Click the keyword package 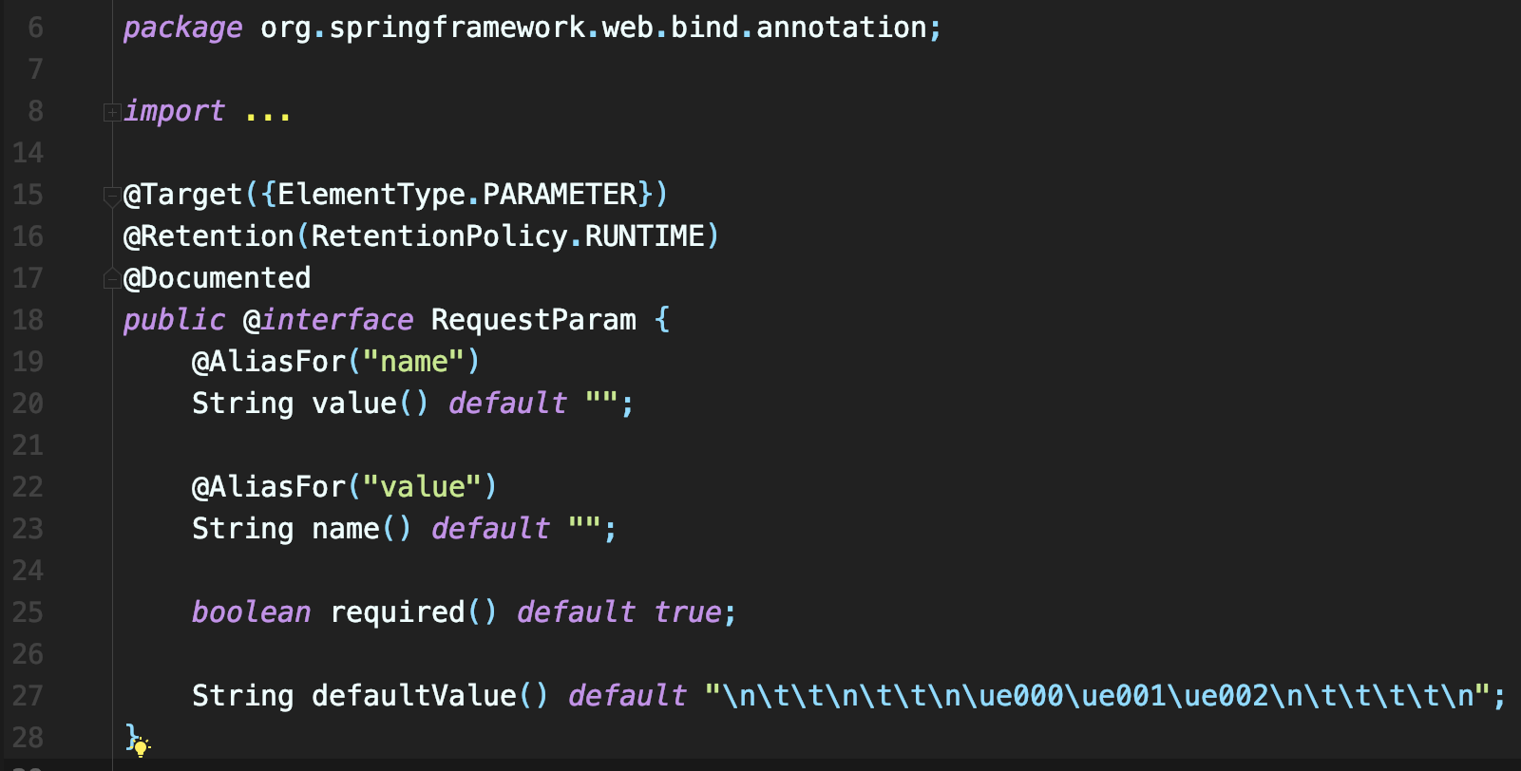pos(182,28)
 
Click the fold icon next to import pos(111,112)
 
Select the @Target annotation pos(183,195)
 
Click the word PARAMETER pos(560,195)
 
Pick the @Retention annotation pos(209,236)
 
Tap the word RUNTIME pos(645,236)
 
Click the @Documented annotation pos(218,278)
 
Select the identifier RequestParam pos(533,320)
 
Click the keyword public pos(175,320)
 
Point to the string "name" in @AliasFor pos(413,362)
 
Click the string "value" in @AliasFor pos(422,487)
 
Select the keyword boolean pos(251,612)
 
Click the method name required pos(397,612)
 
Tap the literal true pos(688,612)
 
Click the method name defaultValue pos(413,696)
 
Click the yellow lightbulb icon pos(141,748)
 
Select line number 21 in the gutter pos(28,445)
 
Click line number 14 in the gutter pos(28,153)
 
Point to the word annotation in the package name pos(841,28)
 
